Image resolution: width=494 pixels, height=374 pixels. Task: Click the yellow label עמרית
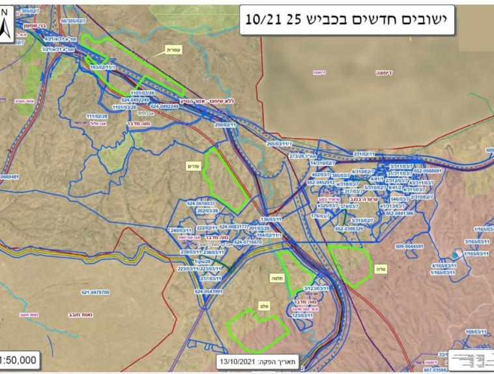click(x=172, y=49)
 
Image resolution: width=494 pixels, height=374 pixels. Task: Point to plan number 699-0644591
click(x=409, y=247)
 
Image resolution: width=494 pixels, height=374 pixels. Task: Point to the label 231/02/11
click(x=364, y=154)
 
